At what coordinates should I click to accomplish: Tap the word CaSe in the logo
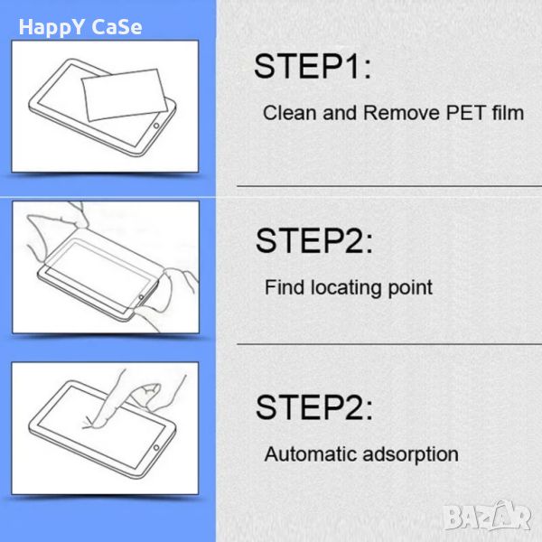click(117, 27)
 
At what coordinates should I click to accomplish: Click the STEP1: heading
click(313, 66)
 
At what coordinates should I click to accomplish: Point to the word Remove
click(401, 113)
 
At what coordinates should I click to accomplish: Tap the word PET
click(465, 113)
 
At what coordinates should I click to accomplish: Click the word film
click(508, 113)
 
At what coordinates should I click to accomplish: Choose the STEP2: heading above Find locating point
click(314, 240)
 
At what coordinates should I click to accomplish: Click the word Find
click(285, 287)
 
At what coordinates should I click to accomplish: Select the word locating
click(346, 287)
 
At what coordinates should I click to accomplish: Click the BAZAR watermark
click(488, 517)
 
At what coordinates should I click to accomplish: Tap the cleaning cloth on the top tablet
click(125, 95)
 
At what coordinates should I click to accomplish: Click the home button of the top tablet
click(156, 126)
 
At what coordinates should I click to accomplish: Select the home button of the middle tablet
click(141, 297)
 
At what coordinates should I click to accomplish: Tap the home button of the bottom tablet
click(156, 448)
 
